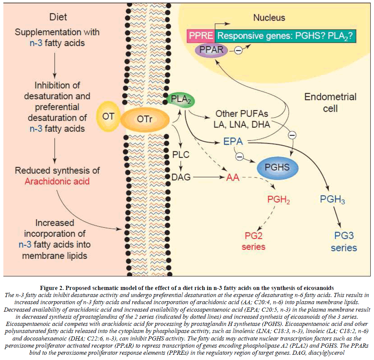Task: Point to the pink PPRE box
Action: [201, 36]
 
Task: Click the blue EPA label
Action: [234, 142]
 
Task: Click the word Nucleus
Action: [269, 18]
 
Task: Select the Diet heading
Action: [58, 17]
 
